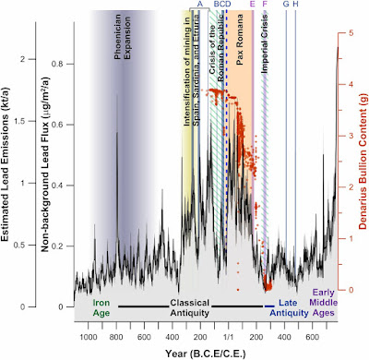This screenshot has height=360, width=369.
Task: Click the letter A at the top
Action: pyautogui.click(x=199, y=6)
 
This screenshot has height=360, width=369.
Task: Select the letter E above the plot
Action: pyautogui.click(x=252, y=6)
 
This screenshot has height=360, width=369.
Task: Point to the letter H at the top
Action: pyautogui.click(x=295, y=6)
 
